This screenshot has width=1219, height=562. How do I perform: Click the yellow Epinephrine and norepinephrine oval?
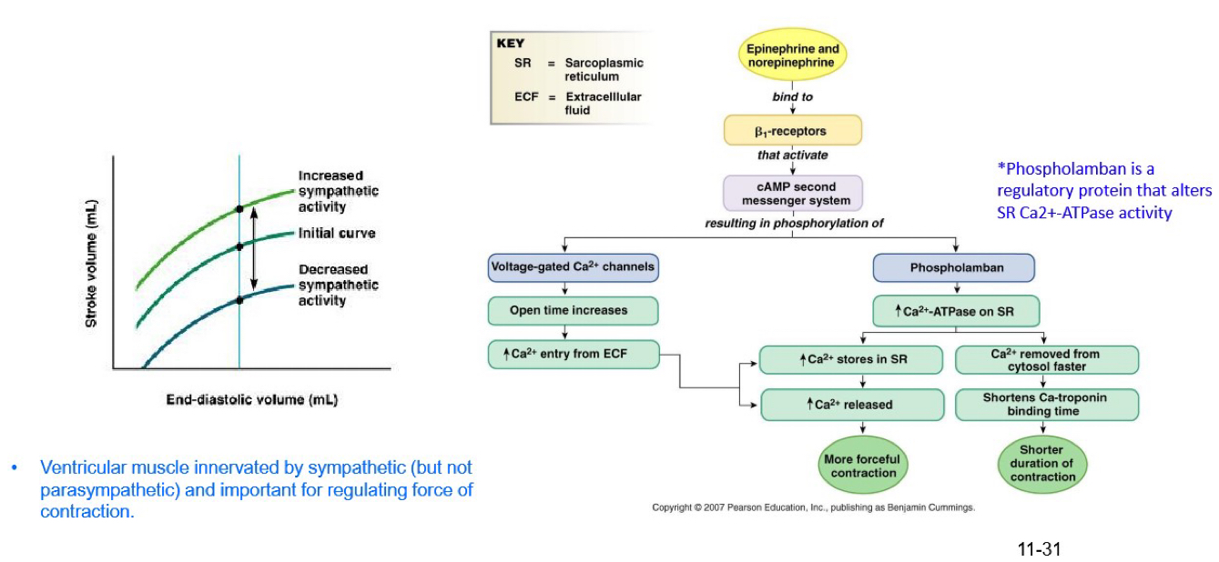point(792,55)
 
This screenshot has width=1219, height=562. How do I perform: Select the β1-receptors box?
point(792,131)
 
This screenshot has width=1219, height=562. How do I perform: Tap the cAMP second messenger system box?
point(792,193)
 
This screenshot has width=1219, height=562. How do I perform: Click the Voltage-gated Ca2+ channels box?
point(573,267)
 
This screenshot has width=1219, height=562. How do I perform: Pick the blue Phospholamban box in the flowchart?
point(953,268)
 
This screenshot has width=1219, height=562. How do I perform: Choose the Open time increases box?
point(573,310)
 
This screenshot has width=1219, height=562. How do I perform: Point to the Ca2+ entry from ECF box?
point(573,354)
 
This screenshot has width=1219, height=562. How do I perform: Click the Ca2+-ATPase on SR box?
point(955,311)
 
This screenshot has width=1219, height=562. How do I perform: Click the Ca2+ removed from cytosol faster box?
point(1046,359)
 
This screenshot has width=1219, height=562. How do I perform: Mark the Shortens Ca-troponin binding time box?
point(1046,405)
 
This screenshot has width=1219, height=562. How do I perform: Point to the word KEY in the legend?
point(512,43)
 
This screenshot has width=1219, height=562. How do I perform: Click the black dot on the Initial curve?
point(239,246)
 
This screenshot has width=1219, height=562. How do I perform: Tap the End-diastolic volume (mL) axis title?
point(251,400)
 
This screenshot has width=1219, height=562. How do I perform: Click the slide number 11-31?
point(1040,549)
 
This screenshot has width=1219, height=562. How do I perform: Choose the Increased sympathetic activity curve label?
point(338,191)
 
